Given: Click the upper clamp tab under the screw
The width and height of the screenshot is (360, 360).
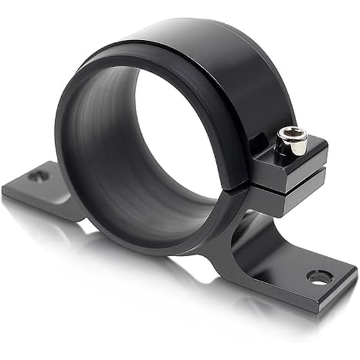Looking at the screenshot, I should click(294, 164).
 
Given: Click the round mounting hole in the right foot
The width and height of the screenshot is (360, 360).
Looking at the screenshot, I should click(319, 277).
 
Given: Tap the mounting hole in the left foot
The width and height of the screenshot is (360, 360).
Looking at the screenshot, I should click(39, 176).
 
